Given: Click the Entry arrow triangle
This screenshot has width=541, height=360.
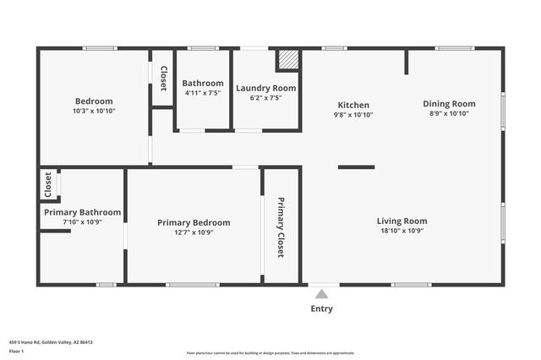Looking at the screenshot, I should coord(321,294).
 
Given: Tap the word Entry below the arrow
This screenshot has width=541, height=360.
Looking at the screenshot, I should coord(321,308).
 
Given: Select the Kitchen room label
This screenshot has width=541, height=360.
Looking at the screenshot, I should coord(352,105).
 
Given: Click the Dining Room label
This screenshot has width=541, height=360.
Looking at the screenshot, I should coord(449,104).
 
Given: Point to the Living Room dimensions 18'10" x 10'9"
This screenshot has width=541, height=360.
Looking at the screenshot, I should coord(402,230).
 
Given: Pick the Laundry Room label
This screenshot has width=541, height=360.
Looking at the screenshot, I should coord(265,88).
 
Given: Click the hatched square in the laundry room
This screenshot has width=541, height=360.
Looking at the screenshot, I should coord(287,60).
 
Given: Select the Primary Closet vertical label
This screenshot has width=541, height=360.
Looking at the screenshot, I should coord(281,227).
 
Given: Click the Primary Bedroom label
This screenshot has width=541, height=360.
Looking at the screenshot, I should coord(194,222).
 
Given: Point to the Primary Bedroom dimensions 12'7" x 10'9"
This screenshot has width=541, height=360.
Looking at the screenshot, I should coord(194,232).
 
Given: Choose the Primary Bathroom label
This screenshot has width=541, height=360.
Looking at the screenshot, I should coord(82,212).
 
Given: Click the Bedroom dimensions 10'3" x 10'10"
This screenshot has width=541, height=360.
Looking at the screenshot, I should coord(94,111).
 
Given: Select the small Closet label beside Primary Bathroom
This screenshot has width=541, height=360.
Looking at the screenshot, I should coord(48,183).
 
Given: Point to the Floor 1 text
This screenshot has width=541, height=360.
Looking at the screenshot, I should coord(16,351).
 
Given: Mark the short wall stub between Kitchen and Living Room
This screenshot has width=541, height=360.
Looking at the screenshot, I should coord(356,167).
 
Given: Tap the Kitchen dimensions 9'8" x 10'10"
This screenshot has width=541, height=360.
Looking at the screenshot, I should coord(352,114).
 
